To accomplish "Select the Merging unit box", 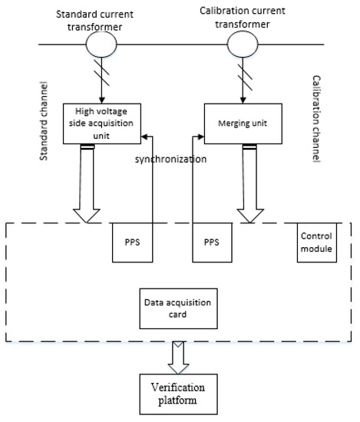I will pyautogui.click(x=239, y=122).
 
